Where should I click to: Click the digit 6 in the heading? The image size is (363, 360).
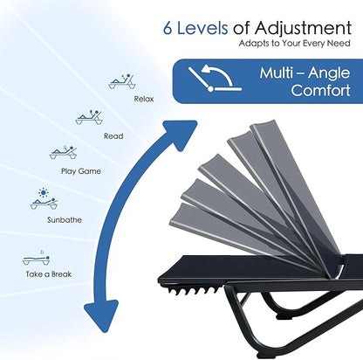168,28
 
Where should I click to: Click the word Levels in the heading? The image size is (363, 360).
202,28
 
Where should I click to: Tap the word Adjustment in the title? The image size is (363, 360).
303,29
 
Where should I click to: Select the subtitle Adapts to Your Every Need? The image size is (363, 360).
294,44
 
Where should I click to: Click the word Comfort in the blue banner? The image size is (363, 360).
320,90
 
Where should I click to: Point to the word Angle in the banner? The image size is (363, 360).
329,73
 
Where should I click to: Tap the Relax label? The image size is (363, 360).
144,99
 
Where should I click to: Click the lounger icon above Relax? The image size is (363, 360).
122,81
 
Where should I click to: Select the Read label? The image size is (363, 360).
113,136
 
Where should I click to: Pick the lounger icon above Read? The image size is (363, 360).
89,117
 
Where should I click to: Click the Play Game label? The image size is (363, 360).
81,171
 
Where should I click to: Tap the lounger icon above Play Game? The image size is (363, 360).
63,152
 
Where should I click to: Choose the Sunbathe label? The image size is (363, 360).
65,220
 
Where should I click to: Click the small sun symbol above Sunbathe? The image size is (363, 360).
44,192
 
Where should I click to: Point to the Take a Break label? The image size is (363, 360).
49,274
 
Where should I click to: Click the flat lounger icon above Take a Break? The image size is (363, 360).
37,260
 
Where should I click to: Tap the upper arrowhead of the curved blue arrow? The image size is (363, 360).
180,134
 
